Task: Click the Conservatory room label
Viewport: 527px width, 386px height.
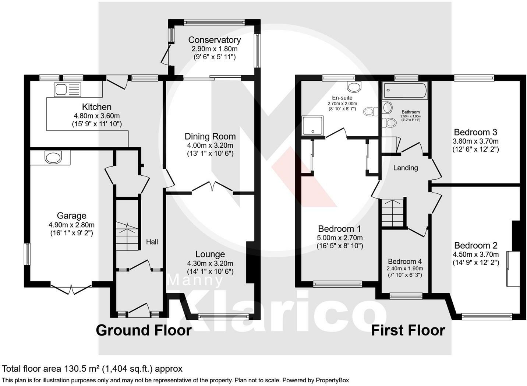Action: click(214, 40)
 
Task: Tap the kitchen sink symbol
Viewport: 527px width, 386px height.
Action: click(67, 90)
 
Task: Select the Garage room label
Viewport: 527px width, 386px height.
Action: click(71, 216)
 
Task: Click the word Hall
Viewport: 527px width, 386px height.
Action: click(152, 242)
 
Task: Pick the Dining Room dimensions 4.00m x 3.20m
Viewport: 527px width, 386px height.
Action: click(210, 145)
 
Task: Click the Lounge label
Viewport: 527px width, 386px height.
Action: click(210, 254)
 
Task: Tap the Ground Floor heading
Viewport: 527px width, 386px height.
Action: click(144, 330)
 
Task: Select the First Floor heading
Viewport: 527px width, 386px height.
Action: click(408, 330)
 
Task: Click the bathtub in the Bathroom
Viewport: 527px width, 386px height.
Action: click(405, 91)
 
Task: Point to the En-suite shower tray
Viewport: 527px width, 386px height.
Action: click(313, 126)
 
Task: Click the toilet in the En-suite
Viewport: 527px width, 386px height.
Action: click(370, 111)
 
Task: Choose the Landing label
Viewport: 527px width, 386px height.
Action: click(406, 168)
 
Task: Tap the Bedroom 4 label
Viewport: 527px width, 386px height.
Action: click(404, 261)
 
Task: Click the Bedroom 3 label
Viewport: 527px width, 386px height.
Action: click(475, 132)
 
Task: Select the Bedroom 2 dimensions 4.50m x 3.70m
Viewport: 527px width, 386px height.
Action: click(475, 255)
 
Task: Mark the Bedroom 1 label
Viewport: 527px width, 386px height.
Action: click(339, 229)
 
